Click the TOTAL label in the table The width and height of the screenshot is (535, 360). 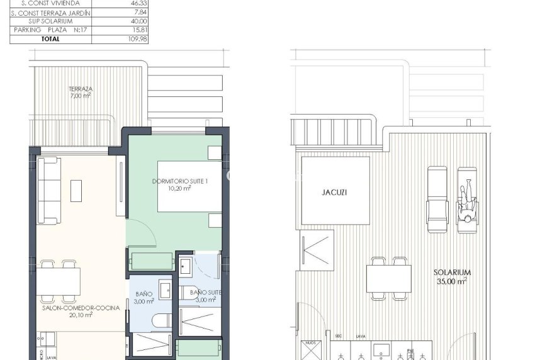(x=50, y=38)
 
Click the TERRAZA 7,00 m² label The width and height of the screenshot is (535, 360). (x=81, y=92)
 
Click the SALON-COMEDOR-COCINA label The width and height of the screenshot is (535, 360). (x=68, y=311)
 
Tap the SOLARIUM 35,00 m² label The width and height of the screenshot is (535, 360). (x=453, y=276)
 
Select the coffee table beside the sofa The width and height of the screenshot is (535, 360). (x=76, y=191)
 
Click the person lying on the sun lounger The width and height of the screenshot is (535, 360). (x=466, y=199)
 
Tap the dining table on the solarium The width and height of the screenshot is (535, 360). (x=389, y=278)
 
